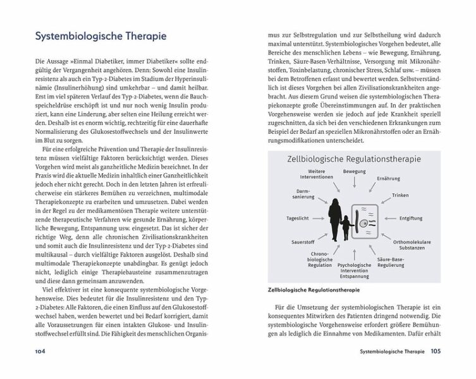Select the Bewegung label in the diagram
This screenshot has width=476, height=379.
tap(354, 172)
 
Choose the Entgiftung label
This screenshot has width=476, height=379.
tap(410, 218)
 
